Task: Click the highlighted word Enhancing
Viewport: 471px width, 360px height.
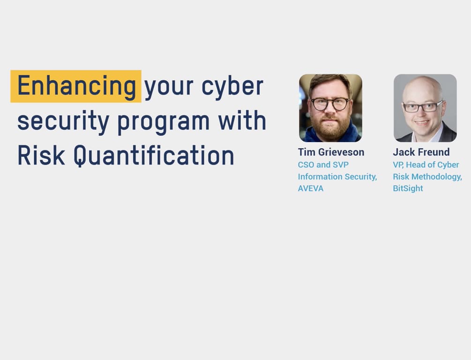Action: click(x=76, y=86)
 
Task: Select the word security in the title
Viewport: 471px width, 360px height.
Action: click(x=63, y=121)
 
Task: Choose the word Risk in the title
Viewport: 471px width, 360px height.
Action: click(x=41, y=156)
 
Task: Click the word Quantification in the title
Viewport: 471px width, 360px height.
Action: click(x=154, y=156)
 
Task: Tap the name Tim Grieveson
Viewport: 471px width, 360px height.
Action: click(x=331, y=152)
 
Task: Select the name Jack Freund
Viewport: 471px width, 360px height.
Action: click(x=421, y=152)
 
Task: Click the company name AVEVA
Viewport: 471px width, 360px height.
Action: click(x=311, y=188)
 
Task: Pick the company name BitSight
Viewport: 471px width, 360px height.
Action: click(x=408, y=188)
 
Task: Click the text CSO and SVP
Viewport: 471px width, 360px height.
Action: click(x=323, y=165)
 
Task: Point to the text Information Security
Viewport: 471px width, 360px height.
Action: click(x=337, y=177)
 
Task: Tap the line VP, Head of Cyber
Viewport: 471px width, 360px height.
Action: click(x=426, y=165)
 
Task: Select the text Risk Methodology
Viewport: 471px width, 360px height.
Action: click(x=427, y=177)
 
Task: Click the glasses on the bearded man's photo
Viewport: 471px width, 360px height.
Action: click(x=330, y=104)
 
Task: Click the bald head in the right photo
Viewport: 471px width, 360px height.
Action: click(x=424, y=87)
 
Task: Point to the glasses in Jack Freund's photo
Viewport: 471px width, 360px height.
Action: click(x=423, y=107)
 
